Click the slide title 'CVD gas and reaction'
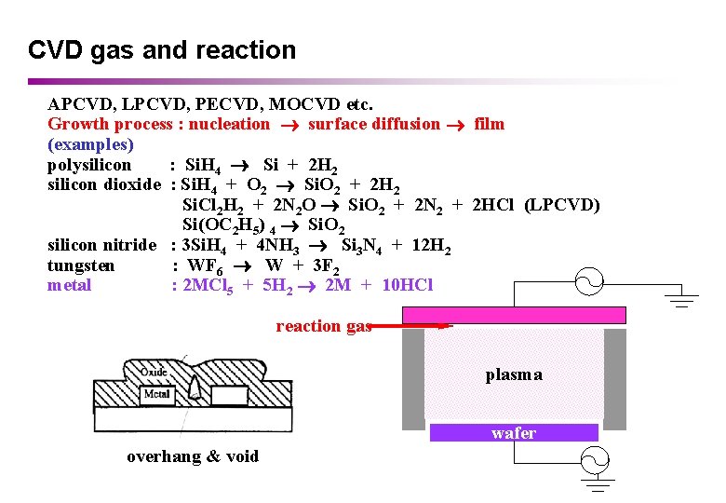(x=162, y=50)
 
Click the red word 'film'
(x=489, y=124)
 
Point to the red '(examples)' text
(x=90, y=144)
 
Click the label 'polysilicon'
(x=89, y=165)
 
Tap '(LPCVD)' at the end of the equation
(x=562, y=205)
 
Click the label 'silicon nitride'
(x=102, y=245)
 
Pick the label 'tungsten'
(x=81, y=265)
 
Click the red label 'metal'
(x=69, y=285)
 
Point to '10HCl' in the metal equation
(x=406, y=285)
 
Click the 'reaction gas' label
(x=323, y=326)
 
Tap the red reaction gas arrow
(x=405, y=326)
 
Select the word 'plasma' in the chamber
(x=514, y=374)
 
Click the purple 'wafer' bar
(x=514, y=433)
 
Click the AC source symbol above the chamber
(x=593, y=279)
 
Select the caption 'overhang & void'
(x=193, y=456)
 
